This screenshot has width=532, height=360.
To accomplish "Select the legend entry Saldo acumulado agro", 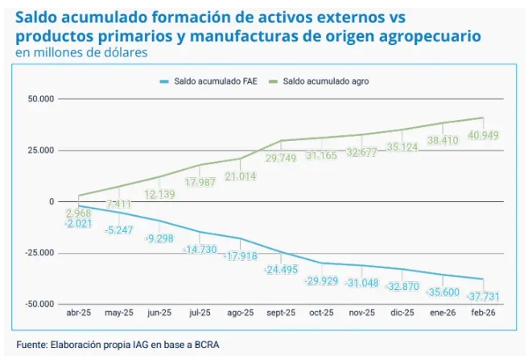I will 330,81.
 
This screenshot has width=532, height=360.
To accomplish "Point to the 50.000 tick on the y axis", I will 39,99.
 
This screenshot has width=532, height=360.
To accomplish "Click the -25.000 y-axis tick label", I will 37,253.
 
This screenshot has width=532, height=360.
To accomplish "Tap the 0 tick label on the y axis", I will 50,201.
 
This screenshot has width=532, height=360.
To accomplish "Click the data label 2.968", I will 80,213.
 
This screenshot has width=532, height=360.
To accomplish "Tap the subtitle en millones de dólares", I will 82,53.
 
